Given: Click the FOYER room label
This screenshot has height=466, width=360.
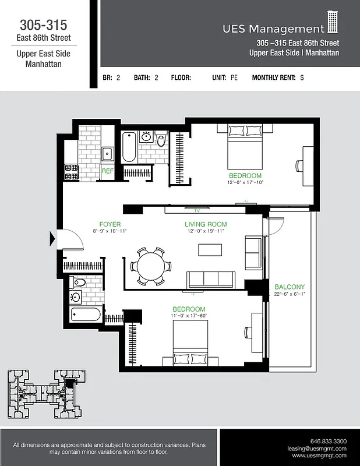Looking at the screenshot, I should point(110,224).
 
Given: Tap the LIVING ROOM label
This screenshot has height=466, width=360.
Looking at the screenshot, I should point(206,224).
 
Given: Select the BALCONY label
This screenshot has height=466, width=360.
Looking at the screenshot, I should point(290,287).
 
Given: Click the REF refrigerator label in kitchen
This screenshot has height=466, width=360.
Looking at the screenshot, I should point(107,171).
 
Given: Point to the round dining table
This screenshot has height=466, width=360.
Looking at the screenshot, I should point(151,266).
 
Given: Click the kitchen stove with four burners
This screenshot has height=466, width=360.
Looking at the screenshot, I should point(72,172).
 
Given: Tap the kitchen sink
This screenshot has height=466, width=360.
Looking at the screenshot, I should point(108,154).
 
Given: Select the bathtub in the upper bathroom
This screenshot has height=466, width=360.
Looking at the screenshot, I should point(129,148).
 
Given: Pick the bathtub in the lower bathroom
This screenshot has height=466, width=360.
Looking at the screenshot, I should point(86,315).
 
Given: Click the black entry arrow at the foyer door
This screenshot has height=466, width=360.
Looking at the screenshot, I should point(54,238).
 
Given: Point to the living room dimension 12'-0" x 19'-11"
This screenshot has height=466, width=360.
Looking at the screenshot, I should point(206,231).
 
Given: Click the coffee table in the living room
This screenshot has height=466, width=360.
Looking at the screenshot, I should point(210,249).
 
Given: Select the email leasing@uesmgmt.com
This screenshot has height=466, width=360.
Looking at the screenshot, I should point(317,449).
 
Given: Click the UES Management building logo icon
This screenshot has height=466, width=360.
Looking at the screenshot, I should point(333,22).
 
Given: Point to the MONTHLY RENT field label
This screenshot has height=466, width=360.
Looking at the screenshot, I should point(274,77).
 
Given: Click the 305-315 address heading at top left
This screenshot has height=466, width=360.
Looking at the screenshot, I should point(43,25).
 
